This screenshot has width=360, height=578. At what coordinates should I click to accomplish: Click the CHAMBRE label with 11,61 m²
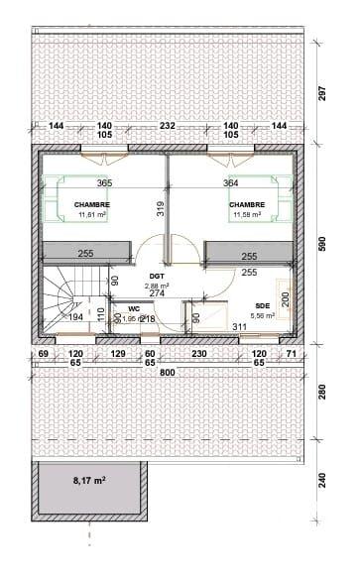(91, 205)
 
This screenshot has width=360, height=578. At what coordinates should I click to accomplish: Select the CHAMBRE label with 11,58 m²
(247, 205)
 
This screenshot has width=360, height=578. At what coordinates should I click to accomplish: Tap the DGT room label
(157, 277)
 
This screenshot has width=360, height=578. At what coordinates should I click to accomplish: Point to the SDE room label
(263, 306)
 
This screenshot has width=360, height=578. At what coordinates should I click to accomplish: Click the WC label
(134, 308)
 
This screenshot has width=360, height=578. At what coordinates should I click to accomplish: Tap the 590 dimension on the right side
(321, 244)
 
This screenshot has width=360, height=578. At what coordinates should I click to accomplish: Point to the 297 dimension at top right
(321, 92)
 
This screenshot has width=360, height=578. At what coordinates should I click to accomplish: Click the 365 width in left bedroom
(104, 183)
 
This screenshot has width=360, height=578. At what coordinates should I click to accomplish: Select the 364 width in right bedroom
(230, 183)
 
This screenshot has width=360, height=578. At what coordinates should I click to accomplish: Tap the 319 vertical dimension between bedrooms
(159, 208)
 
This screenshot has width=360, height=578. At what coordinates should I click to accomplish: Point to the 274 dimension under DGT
(157, 293)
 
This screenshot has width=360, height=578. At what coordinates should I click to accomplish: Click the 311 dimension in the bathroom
(239, 325)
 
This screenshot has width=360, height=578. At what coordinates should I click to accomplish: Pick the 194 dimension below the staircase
(75, 319)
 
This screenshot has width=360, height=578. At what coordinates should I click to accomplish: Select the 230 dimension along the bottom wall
(197, 354)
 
